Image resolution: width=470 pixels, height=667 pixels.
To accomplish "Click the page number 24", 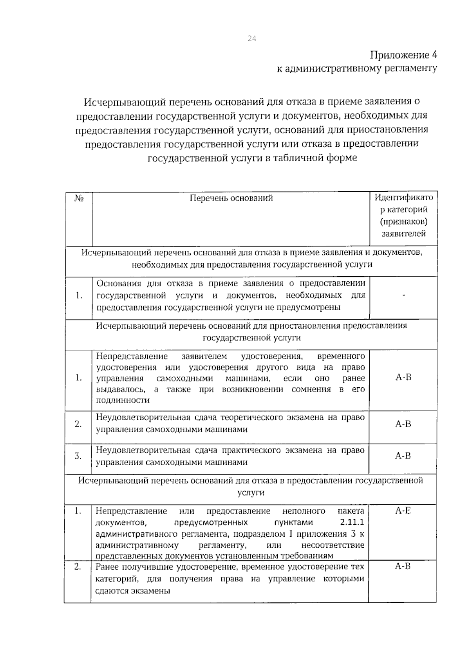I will click(x=251, y=38).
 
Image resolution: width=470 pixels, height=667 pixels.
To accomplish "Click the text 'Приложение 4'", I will click(x=403, y=54).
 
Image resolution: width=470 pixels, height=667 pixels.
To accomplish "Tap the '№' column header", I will click(x=79, y=198).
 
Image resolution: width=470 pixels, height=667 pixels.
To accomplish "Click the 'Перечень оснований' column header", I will click(x=231, y=198).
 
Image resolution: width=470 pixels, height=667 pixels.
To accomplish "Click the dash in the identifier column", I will click(x=403, y=295).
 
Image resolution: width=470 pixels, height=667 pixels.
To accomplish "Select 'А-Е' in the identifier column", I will click(x=403, y=511).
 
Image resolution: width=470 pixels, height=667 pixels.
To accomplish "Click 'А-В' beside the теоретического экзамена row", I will click(x=403, y=424).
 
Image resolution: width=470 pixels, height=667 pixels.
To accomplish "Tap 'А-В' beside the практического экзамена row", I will click(x=403, y=456).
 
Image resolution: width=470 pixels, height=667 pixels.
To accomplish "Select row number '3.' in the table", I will click(x=78, y=456).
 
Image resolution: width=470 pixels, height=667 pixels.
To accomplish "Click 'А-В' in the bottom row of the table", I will click(x=403, y=566).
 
